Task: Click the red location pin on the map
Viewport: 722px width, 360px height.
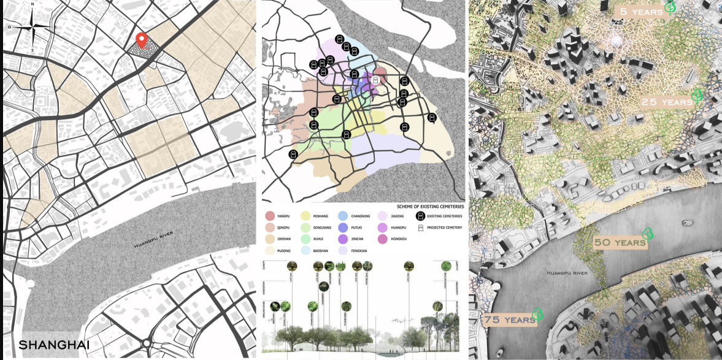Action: [142, 40]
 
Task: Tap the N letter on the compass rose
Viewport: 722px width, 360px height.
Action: [33, 4]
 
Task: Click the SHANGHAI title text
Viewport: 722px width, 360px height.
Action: [54, 345]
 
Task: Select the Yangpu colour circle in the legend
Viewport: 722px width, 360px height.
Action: [270, 216]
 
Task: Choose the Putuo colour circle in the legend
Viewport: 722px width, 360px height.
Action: [343, 228]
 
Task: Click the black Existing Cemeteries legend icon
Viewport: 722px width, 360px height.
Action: [421, 216]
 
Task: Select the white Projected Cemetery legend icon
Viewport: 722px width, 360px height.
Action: [421, 228]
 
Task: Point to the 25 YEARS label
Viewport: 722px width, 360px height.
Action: [666, 102]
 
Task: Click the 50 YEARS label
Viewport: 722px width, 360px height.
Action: [620, 242]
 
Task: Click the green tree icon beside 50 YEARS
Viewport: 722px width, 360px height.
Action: [647, 234]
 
